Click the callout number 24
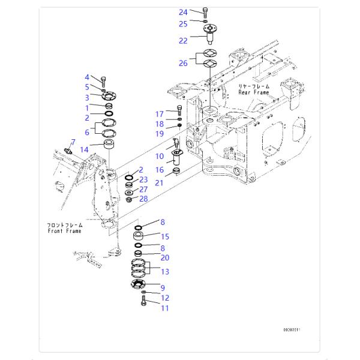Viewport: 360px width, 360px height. click(184, 12)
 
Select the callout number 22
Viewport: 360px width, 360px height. click(184, 40)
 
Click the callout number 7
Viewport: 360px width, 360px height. click(73, 142)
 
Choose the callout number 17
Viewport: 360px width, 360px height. click(160, 114)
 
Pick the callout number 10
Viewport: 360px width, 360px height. click(160, 156)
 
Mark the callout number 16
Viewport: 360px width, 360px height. click(160, 170)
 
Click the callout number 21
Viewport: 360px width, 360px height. click(160, 182)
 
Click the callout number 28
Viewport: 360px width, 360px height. click(143, 199)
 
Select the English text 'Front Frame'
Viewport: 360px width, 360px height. click(64, 230)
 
